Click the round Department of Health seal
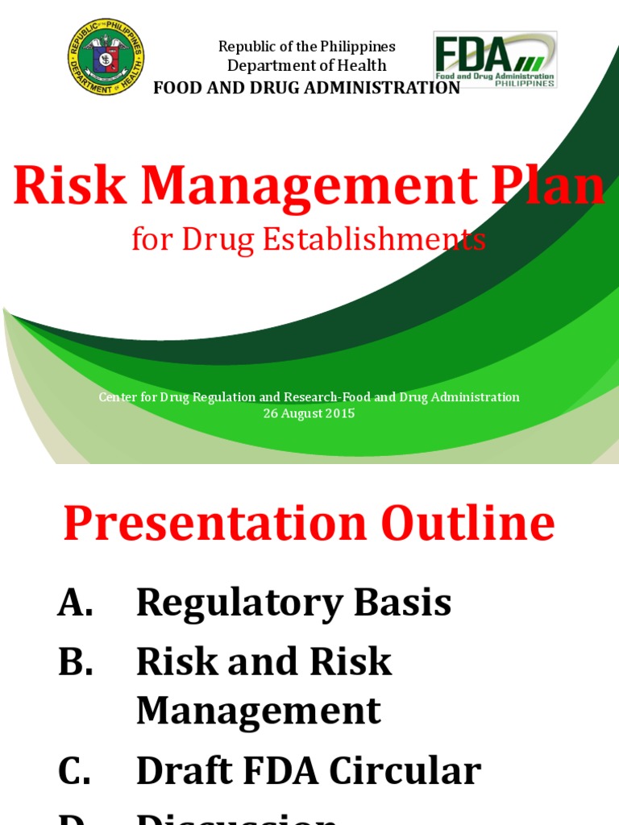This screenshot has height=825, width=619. [106, 57]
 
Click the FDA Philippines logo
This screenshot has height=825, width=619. [495, 60]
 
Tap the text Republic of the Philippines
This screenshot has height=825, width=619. [307, 47]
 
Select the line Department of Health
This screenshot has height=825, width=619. [307, 66]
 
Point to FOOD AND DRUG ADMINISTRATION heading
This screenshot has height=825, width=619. [307, 88]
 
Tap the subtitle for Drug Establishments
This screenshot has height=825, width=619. [309, 238]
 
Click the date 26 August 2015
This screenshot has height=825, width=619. [309, 413]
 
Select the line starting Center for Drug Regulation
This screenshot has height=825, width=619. [309, 397]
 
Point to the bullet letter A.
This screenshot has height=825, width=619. [75, 603]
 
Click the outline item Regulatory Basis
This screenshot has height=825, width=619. [293, 603]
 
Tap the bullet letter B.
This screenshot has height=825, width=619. [75, 661]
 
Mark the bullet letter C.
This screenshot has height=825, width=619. [75, 771]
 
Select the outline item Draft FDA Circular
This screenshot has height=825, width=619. [308, 771]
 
